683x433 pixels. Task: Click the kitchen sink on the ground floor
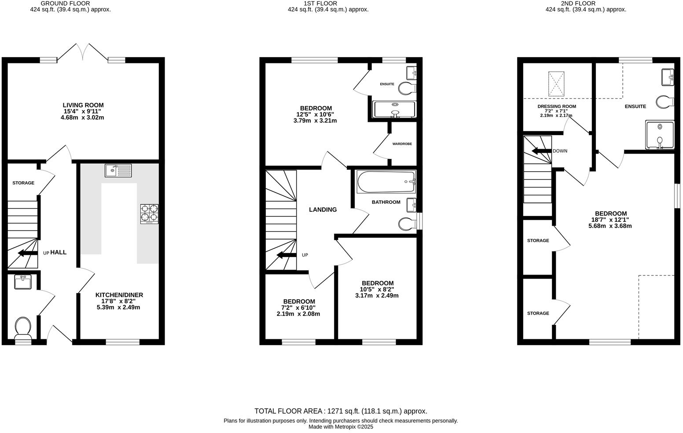[118, 170]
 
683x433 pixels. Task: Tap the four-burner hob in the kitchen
[149, 214]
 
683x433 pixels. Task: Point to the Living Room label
[83, 105]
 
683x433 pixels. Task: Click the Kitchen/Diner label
[119, 295]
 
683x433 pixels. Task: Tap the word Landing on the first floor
[323, 210]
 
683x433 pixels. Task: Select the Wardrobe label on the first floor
[402, 144]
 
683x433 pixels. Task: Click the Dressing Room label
[556, 106]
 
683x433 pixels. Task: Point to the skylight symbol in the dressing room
[556, 83]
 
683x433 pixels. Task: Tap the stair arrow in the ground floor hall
[27, 253]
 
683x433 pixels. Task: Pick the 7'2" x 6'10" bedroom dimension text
[298, 308]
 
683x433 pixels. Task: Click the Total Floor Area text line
[341, 411]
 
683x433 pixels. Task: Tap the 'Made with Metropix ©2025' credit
[341, 427]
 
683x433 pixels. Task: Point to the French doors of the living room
[82, 52]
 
